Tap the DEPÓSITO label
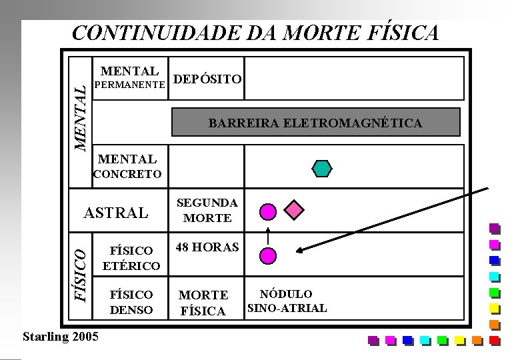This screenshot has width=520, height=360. pos(207,80)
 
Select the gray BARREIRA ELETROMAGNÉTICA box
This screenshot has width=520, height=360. pos(316,123)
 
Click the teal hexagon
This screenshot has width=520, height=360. pos(322,168)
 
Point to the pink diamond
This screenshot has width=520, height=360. pos(294,211)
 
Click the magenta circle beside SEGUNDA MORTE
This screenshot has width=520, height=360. pos(267,211)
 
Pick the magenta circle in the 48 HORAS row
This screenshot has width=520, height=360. pos(267,255)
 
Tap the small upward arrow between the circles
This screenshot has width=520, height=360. pos(267,235)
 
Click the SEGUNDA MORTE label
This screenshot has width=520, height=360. pos(207,210)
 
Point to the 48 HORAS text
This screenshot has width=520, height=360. pos(207,247)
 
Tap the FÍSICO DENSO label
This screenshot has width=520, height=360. pos(131,302)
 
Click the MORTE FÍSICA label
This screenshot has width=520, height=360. pos(204,303)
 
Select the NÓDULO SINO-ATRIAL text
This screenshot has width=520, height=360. pos(287,301)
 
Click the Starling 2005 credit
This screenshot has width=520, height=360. pos(60,336)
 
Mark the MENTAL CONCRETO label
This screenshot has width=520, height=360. pos(127,167)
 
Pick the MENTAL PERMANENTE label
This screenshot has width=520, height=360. pos(129,77)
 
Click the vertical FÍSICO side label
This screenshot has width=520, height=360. pos(79,273)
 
